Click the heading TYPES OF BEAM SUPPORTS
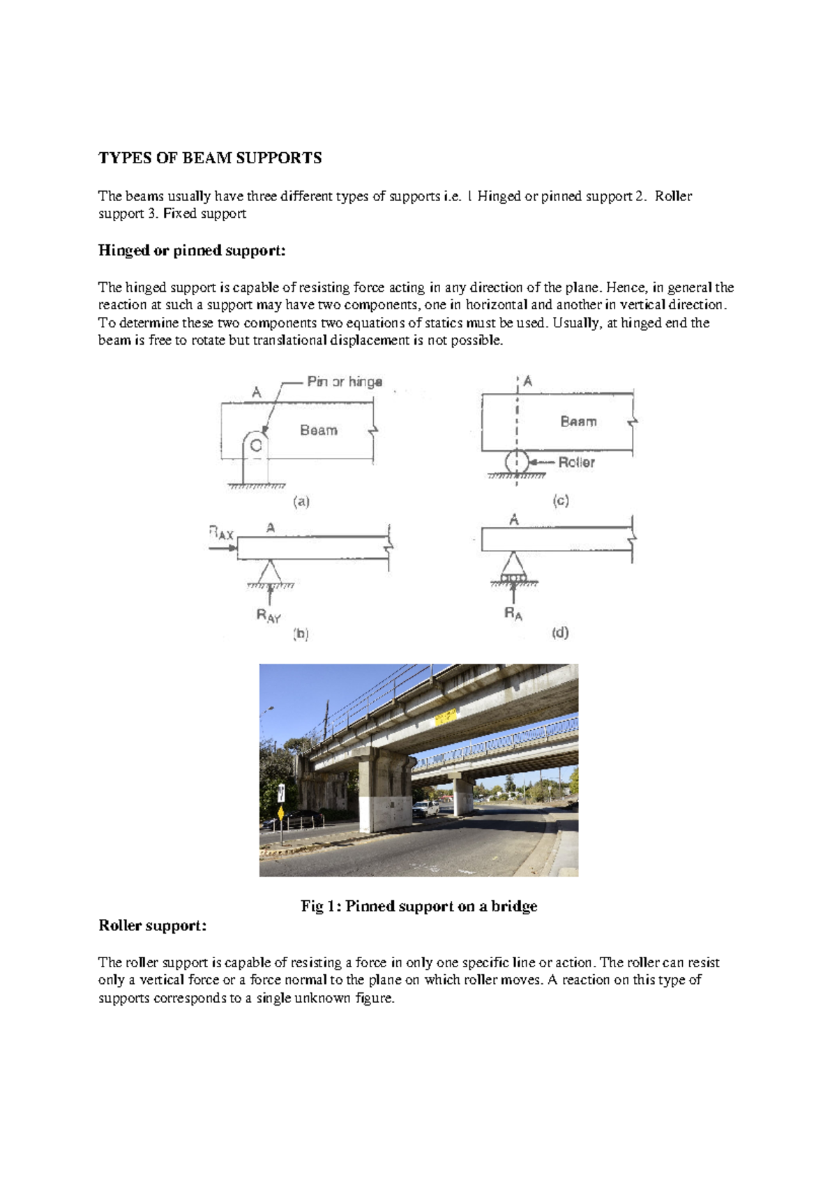pos(210,158)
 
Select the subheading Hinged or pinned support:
pos(192,251)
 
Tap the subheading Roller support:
pos(152,925)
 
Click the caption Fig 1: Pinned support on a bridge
pos(418,906)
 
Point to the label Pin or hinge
pos(345,382)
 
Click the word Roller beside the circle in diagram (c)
pos(576,462)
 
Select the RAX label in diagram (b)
pos(221,533)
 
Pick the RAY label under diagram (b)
pos(269,616)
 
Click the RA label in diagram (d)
pos(513,614)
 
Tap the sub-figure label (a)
pos(301,501)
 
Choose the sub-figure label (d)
pos(560,632)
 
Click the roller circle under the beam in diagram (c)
pos(516,462)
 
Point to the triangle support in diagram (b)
pos(270,572)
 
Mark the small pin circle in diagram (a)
pos(256,445)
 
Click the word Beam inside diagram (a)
pos(319,431)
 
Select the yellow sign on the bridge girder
pos(446,717)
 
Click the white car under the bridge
pos(425,809)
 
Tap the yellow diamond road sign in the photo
pos(280,813)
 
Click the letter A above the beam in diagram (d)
pos(514,520)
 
